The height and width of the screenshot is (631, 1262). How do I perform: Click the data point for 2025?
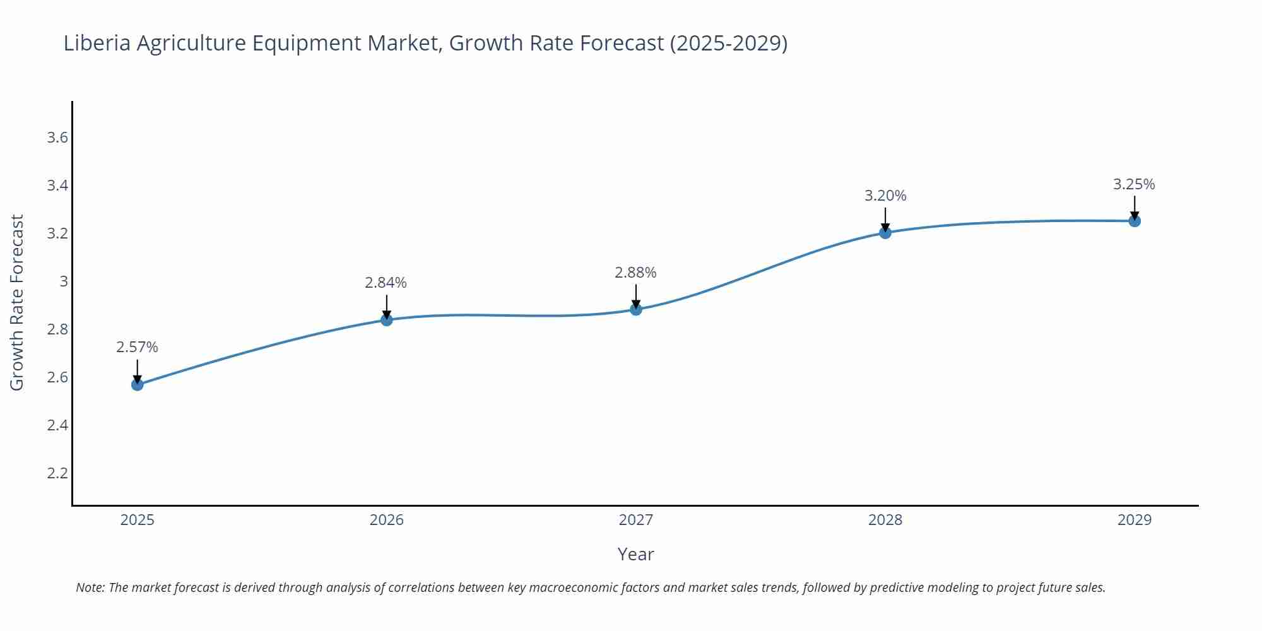coord(138,384)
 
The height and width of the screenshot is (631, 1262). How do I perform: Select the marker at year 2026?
coord(387,320)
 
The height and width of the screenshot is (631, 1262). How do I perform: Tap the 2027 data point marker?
coord(636,309)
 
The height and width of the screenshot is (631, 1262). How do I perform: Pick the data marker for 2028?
coord(885,233)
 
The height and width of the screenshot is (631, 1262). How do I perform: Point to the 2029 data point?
coord(1135,221)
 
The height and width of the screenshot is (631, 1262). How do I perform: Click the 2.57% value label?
coord(137,347)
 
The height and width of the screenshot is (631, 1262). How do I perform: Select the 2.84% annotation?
coord(386,283)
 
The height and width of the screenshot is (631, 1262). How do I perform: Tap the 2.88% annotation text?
coord(635,273)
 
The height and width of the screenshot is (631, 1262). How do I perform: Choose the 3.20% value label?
coord(885,196)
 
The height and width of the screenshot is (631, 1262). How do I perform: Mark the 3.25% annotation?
coord(1134,184)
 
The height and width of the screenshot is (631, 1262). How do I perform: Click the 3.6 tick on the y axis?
coord(57,138)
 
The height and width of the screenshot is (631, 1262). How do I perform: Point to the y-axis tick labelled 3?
coord(63,281)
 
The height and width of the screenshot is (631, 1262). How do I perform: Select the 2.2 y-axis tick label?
coord(57,473)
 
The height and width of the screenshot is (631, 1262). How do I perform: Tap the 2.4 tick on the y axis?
coord(57,425)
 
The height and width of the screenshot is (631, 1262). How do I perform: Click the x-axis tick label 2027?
coord(636,520)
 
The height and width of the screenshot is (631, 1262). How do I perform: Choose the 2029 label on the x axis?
coord(1135,520)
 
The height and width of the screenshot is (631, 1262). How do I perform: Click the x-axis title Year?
coord(635,554)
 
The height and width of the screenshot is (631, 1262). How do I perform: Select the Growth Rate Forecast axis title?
coord(17,302)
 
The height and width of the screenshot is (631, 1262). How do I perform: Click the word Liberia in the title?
coord(97,43)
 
